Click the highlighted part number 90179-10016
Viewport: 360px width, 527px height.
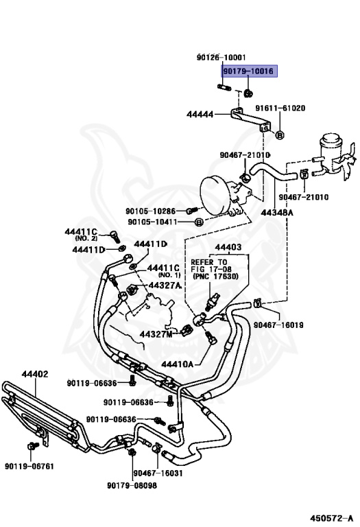click(249, 71)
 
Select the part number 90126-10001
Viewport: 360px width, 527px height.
click(221, 58)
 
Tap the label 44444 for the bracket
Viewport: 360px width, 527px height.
click(200, 115)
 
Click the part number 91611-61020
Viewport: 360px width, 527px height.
click(280, 108)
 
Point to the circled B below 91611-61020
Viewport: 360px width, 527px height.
click(280, 134)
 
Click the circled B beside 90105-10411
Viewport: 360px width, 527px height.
click(199, 222)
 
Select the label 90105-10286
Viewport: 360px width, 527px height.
click(150, 211)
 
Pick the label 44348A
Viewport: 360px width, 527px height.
click(277, 213)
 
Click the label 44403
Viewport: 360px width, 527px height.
click(228, 247)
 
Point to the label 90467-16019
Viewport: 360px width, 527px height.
click(278, 325)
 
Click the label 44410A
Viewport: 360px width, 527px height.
click(178, 364)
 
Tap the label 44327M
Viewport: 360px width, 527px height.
click(156, 334)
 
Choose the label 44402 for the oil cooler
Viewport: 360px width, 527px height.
click(35, 374)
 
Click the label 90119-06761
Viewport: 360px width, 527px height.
click(29, 466)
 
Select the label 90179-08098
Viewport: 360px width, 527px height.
click(132, 486)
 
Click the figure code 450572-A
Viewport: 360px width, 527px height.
click(331, 518)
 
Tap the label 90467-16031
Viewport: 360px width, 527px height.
click(158, 473)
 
